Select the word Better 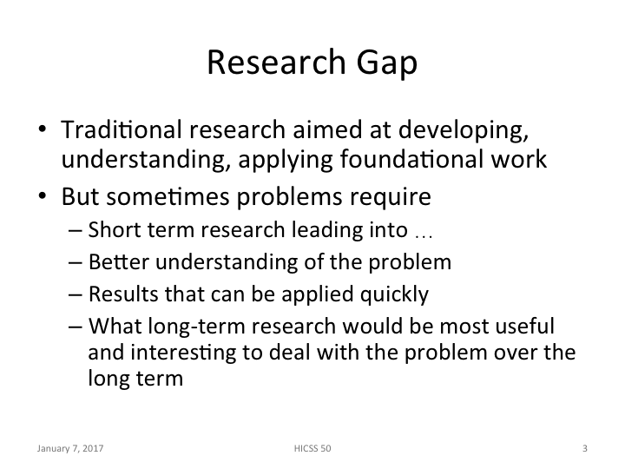(x=111, y=262)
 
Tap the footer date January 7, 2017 (x=71, y=449)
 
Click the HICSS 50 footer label (x=312, y=449)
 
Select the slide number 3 (x=585, y=449)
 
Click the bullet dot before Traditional (x=43, y=131)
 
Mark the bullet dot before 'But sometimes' (x=43, y=197)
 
